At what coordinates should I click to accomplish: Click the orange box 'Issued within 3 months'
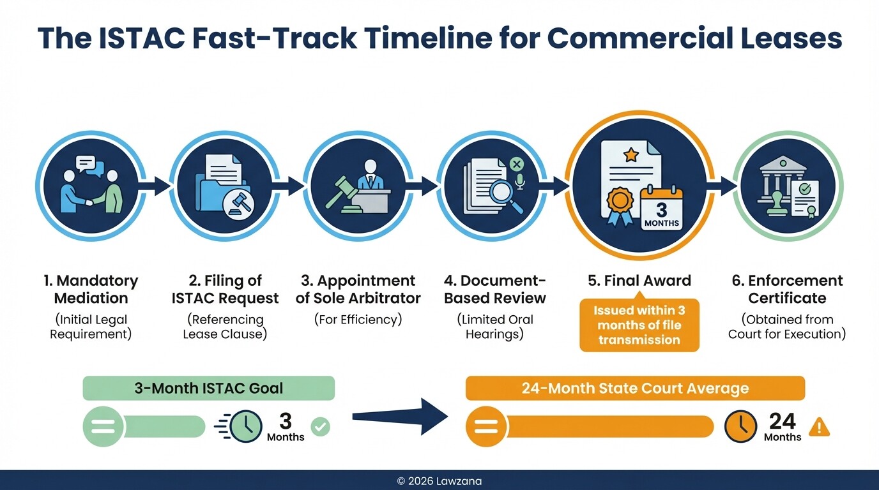639,325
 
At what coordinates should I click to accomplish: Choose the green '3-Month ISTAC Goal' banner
208,388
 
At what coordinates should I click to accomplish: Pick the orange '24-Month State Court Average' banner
634,388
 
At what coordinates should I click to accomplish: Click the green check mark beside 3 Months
320,426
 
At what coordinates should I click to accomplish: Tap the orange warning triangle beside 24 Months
819,427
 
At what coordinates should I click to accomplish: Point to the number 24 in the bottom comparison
782,421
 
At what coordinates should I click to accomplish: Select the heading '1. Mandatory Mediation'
91,290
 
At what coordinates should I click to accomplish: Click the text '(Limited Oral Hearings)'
495,327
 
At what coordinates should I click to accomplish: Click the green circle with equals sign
103,426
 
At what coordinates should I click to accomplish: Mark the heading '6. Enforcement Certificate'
787,290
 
